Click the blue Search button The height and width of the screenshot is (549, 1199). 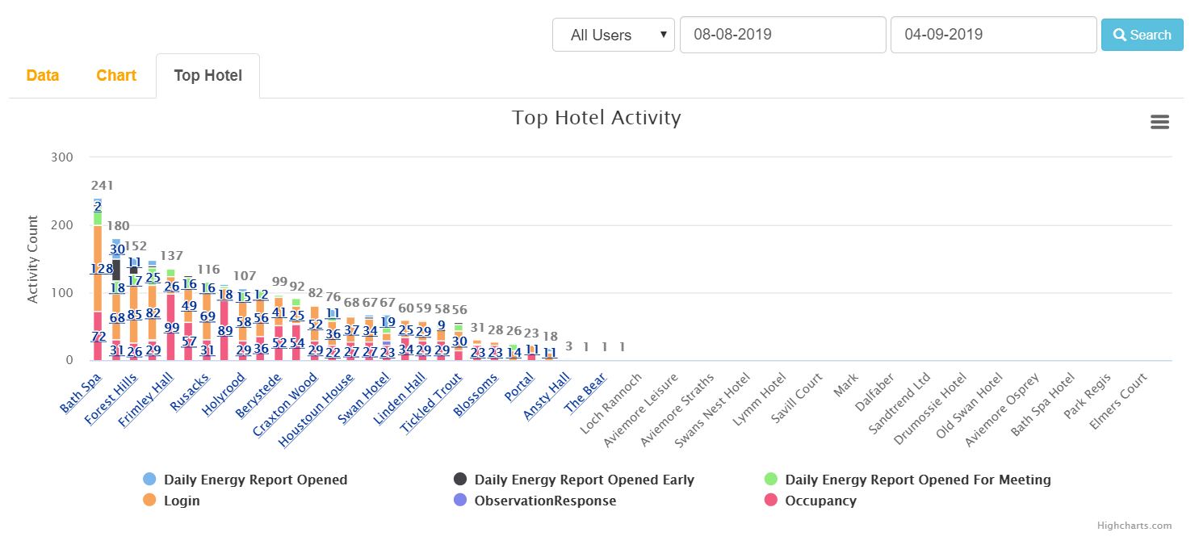(x=1142, y=35)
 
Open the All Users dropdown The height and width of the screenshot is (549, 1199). (x=613, y=35)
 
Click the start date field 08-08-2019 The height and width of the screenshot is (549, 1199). (x=782, y=35)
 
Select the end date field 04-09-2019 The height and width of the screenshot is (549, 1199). (x=993, y=35)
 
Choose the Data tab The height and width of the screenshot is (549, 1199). (x=43, y=75)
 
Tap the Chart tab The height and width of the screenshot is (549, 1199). (x=116, y=75)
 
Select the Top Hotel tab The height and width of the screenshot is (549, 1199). (x=208, y=76)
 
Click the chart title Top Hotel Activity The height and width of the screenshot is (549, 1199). (x=597, y=118)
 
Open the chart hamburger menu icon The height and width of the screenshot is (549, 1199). (x=1159, y=122)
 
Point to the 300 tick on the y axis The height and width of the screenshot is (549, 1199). (x=62, y=157)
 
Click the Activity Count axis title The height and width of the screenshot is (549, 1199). (x=32, y=259)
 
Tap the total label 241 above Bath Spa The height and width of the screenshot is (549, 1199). (x=103, y=186)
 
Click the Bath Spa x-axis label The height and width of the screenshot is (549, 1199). (x=82, y=392)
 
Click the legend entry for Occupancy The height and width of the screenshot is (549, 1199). (x=820, y=501)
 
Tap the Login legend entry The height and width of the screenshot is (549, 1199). (x=182, y=501)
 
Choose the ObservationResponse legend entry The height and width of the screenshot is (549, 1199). (x=545, y=501)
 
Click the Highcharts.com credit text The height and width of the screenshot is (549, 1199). (x=1134, y=526)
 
